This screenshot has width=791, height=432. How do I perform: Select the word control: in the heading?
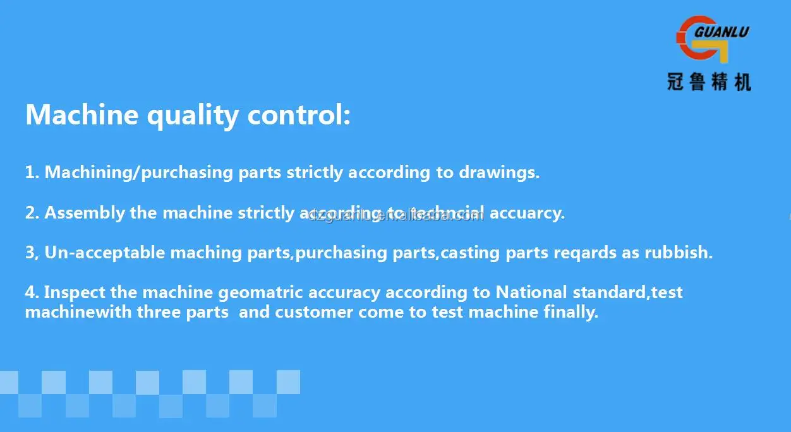click(x=298, y=115)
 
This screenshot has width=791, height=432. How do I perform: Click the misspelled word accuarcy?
click(x=528, y=213)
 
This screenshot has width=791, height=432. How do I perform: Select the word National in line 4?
click(x=531, y=292)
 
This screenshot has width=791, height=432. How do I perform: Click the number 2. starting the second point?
click(x=32, y=213)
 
